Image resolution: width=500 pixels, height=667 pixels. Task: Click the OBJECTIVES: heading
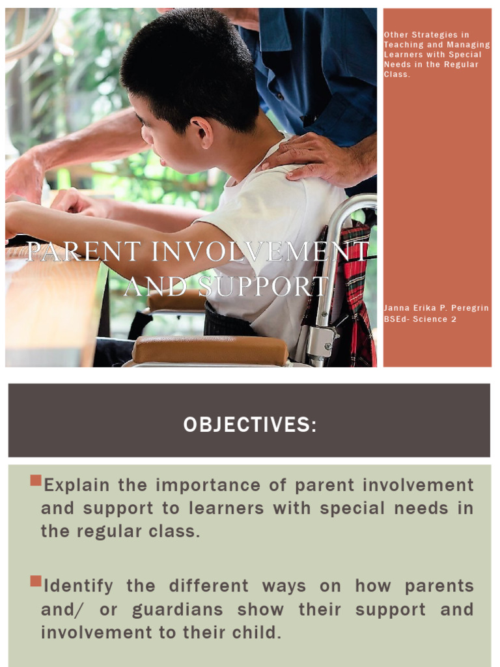coord(250,425)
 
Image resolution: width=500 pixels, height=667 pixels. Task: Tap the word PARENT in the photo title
coord(74,252)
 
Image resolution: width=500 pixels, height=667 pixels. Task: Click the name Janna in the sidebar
coord(396,308)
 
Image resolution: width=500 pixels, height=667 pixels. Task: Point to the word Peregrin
coord(468,308)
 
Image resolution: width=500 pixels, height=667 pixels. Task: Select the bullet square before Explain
coord(36,482)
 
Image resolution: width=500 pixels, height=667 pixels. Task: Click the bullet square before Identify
coord(36,581)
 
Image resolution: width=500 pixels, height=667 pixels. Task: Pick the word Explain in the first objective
coord(78,485)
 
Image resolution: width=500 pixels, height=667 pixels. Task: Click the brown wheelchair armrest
coord(210,351)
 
